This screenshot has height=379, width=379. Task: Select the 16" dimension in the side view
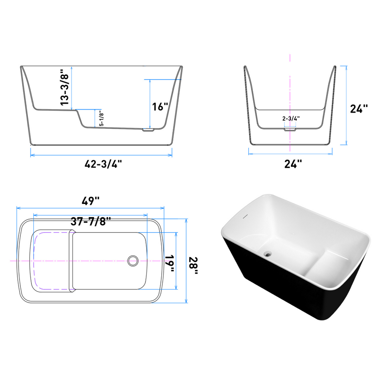160,107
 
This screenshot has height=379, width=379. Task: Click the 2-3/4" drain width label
291,118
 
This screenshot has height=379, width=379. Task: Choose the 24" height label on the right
359,108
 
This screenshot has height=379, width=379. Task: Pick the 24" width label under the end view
293,164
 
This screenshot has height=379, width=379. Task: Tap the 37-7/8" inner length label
91,222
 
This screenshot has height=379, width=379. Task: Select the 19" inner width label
170,263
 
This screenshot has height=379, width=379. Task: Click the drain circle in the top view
132,261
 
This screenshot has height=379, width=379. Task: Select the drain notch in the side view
148,130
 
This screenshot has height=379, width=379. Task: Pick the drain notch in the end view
290,130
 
